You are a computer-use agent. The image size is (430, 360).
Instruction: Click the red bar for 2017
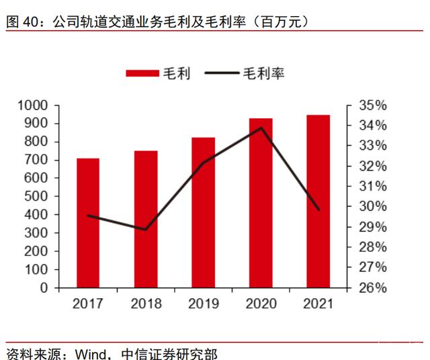coord(88,223)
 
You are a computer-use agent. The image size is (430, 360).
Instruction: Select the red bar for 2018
coord(145,219)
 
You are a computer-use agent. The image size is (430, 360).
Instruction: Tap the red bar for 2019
coord(203,212)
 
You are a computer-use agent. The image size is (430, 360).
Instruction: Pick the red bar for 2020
coord(261,203)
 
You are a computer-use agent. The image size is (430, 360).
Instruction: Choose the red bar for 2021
coord(318,201)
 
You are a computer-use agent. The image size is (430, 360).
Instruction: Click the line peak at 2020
coord(261,128)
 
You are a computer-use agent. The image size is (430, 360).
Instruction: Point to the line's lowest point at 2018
coord(145,230)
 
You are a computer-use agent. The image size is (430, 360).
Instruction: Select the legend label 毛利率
coord(263,73)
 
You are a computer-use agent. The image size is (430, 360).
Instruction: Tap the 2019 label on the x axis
coord(203,304)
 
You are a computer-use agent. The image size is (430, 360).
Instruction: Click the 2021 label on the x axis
coord(318,304)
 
